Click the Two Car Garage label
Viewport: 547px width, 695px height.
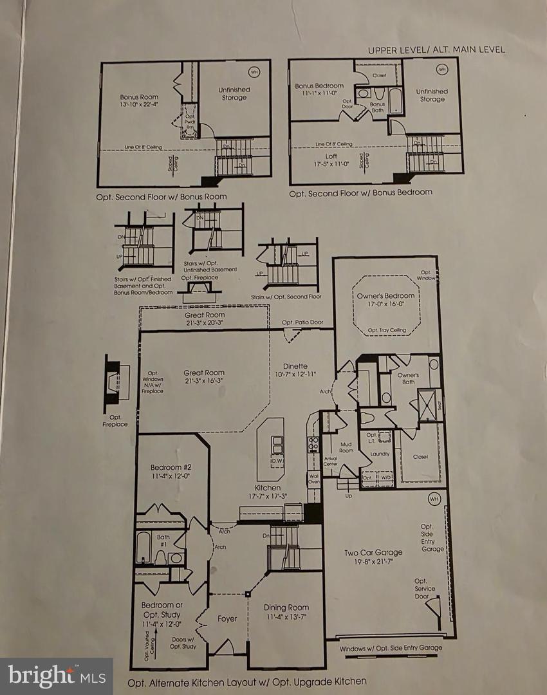pyautogui.click(x=373, y=552)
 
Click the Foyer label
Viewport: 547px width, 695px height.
pyautogui.click(x=227, y=619)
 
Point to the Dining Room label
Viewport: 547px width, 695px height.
pyautogui.click(x=286, y=607)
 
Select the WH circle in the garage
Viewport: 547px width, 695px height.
pyautogui.click(x=433, y=499)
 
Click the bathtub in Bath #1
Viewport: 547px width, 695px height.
pyautogui.click(x=144, y=547)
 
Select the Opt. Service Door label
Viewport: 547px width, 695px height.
pyautogui.click(x=425, y=589)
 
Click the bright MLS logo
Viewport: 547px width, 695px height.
pyautogui.click(x=56, y=676)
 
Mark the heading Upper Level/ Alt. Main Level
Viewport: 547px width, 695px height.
pyautogui.click(x=436, y=50)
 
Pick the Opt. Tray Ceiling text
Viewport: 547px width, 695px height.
pyautogui.click(x=387, y=330)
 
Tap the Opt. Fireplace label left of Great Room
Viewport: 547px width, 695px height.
pyautogui.click(x=115, y=421)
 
